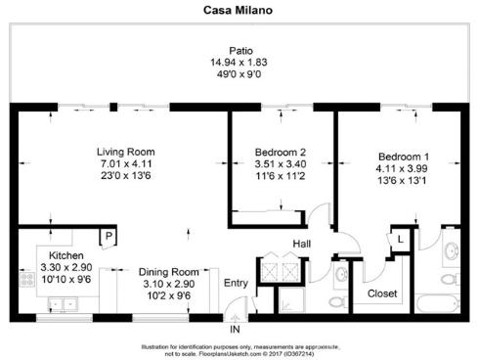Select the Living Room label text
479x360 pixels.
126,152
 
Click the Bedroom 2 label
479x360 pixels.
281,153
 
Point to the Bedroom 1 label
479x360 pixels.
404,157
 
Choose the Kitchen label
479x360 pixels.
53,255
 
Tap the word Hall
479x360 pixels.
303,245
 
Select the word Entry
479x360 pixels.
236,283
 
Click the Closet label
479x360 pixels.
381,292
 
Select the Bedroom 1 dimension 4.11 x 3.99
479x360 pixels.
404,168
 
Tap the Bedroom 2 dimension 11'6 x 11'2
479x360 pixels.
281,176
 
